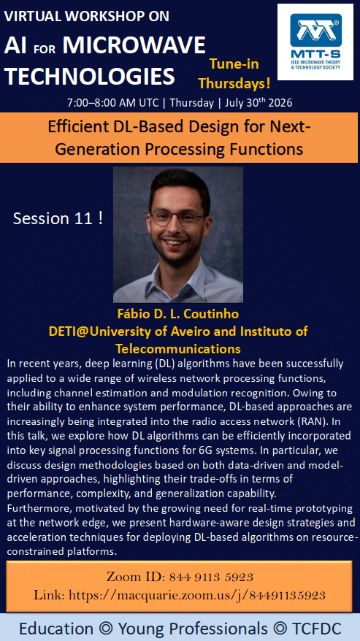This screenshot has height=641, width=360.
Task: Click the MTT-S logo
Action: pos(315,42)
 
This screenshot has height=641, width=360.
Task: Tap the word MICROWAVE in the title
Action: pos(134,45)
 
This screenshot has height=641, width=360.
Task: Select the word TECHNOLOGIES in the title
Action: pos(90,76)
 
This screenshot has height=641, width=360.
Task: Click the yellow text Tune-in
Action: pos(234,64)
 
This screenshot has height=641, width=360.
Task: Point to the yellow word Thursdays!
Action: pos(234,83)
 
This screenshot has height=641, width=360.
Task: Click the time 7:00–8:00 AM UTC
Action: pos(112,102)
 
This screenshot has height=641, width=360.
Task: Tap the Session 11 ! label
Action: pos(58,218)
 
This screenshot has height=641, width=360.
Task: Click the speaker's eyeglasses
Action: pos(177,218)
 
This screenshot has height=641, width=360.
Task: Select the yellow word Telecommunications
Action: pos(178,349)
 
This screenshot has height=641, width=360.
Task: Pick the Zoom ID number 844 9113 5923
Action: pos(211,577)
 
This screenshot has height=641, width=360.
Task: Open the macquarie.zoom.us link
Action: pos(197,595)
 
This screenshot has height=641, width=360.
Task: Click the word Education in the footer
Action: pos(56,629)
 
